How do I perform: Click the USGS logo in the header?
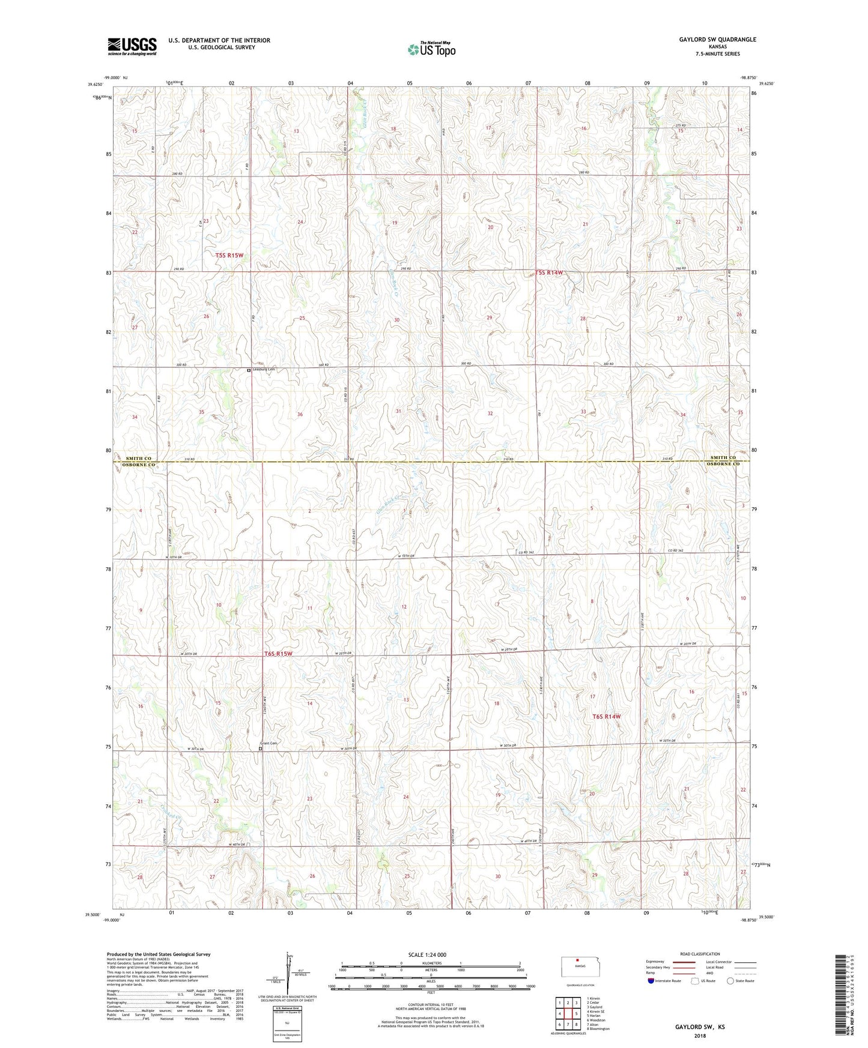point(132,46)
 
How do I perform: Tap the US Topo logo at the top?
point(431,49)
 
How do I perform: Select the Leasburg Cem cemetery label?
point(264,370)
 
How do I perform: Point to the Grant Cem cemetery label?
point(270,744)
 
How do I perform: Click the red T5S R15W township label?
point(229,256)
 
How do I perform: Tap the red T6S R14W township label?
point(607,717)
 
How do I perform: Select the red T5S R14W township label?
point(550,273)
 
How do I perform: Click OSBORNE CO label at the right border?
point(723,464)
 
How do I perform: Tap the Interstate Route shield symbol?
point(651,981)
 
